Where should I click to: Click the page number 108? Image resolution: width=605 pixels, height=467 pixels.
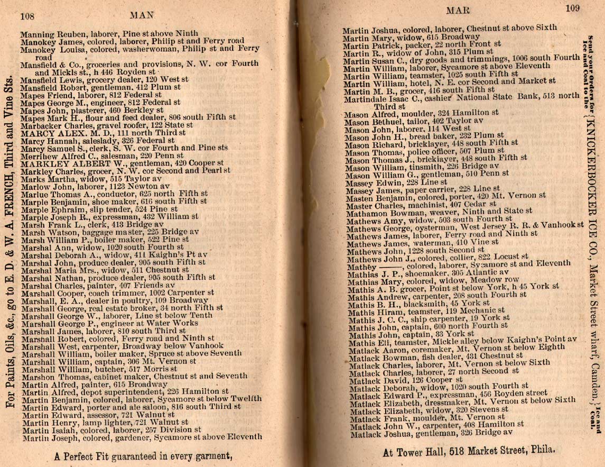(27, 16)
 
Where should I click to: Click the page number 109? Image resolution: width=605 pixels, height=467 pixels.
(572, 7)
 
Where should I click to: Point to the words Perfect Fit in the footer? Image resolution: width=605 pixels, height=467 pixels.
(95, 455)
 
